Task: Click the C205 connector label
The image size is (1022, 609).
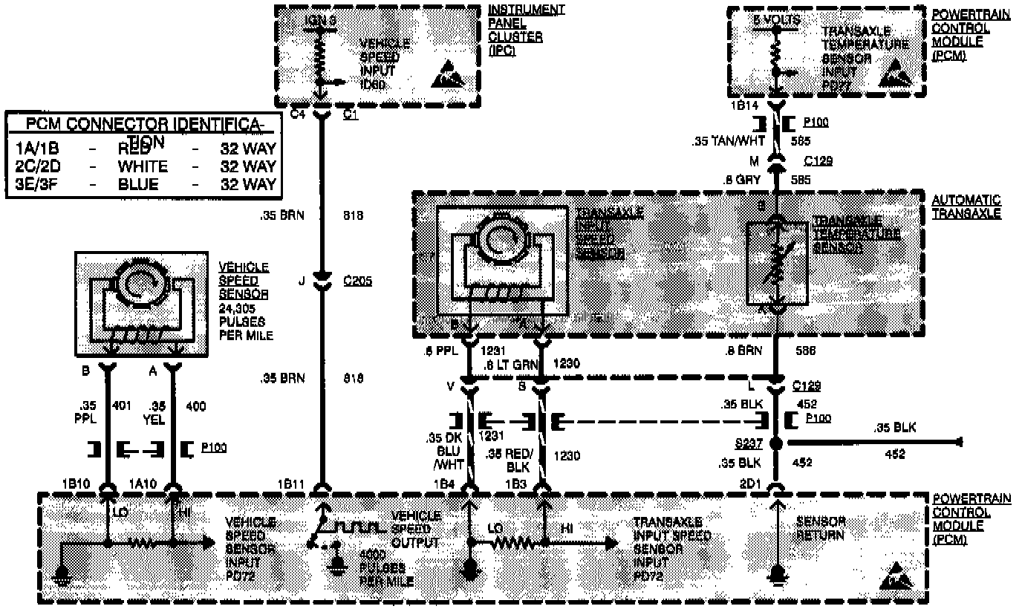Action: coord(358,281)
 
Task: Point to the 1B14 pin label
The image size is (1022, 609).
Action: coord(743,106)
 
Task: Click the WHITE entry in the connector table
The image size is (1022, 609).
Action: coord(143,166)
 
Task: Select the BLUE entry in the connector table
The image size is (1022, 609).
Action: coord(138,184)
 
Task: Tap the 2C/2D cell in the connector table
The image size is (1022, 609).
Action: coord(41,166)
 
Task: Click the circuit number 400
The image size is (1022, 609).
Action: coord(195,406)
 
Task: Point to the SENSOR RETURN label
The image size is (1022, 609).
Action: coord(821,527)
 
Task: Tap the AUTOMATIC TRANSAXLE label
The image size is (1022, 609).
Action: coord(966,207)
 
